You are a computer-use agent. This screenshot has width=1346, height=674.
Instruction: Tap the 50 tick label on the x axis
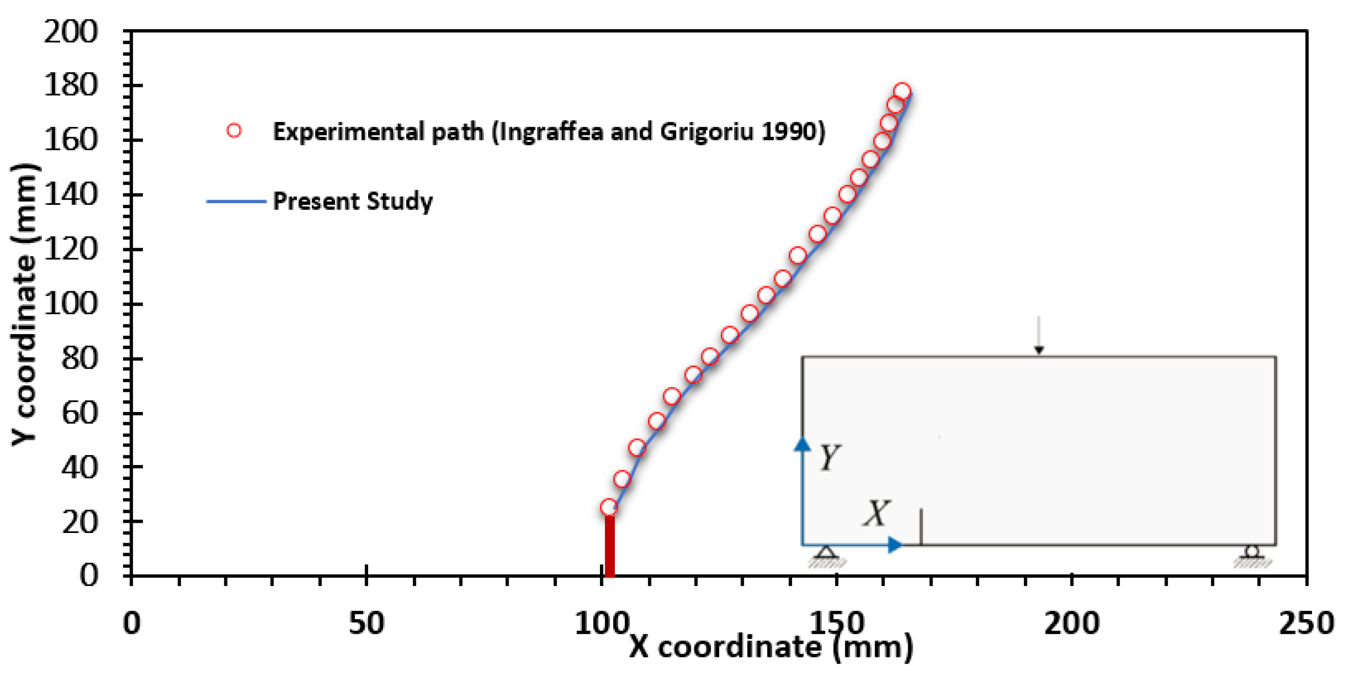coord(366,623)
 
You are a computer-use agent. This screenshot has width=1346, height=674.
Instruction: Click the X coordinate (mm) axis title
coord(771,647)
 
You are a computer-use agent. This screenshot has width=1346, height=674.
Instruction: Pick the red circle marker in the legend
coord(234,131)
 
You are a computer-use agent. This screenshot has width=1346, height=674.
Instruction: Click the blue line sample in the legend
coord(236,201)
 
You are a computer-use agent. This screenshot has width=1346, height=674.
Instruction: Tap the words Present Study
coord(353,201)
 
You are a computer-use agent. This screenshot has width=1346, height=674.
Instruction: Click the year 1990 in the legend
coord(789,131)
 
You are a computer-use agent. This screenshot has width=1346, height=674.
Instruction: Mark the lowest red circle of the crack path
coord(609,507)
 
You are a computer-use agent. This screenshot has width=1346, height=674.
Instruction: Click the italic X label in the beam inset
coord(876,513)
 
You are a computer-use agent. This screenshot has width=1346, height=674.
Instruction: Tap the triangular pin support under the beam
coord(826,553)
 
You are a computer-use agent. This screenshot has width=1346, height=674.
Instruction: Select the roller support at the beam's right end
coord(1252,552)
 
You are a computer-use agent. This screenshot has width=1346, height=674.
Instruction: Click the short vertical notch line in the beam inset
coord(921,526)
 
